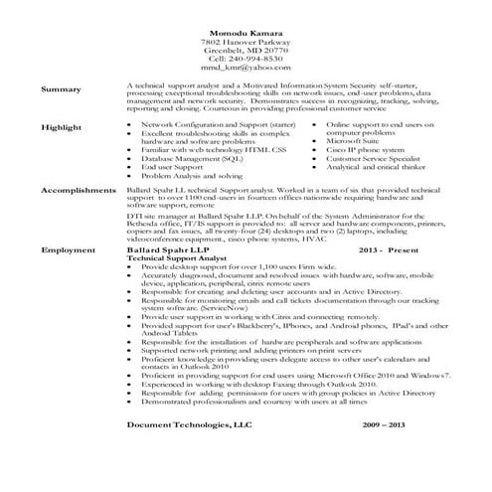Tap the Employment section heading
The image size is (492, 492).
coord(65,251)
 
